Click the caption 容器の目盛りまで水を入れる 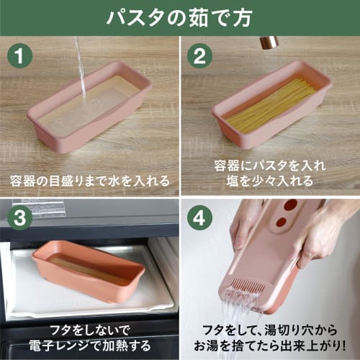pos(89,179)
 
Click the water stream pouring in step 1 pos(81,72)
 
